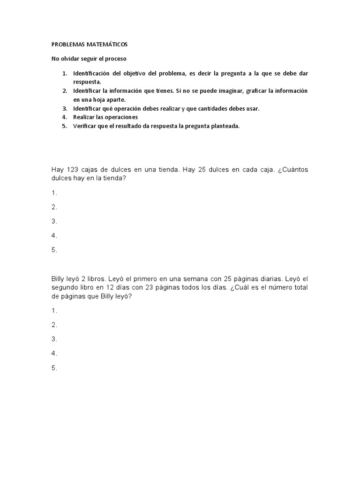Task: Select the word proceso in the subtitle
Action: click(x=116, y=59)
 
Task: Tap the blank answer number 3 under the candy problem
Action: click(x=54, y=221)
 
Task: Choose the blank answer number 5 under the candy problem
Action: click(x=54, y=250)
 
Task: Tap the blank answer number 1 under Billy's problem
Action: click(x=54, y=310)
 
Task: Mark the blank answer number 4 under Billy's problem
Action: click(x=54, y=353)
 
